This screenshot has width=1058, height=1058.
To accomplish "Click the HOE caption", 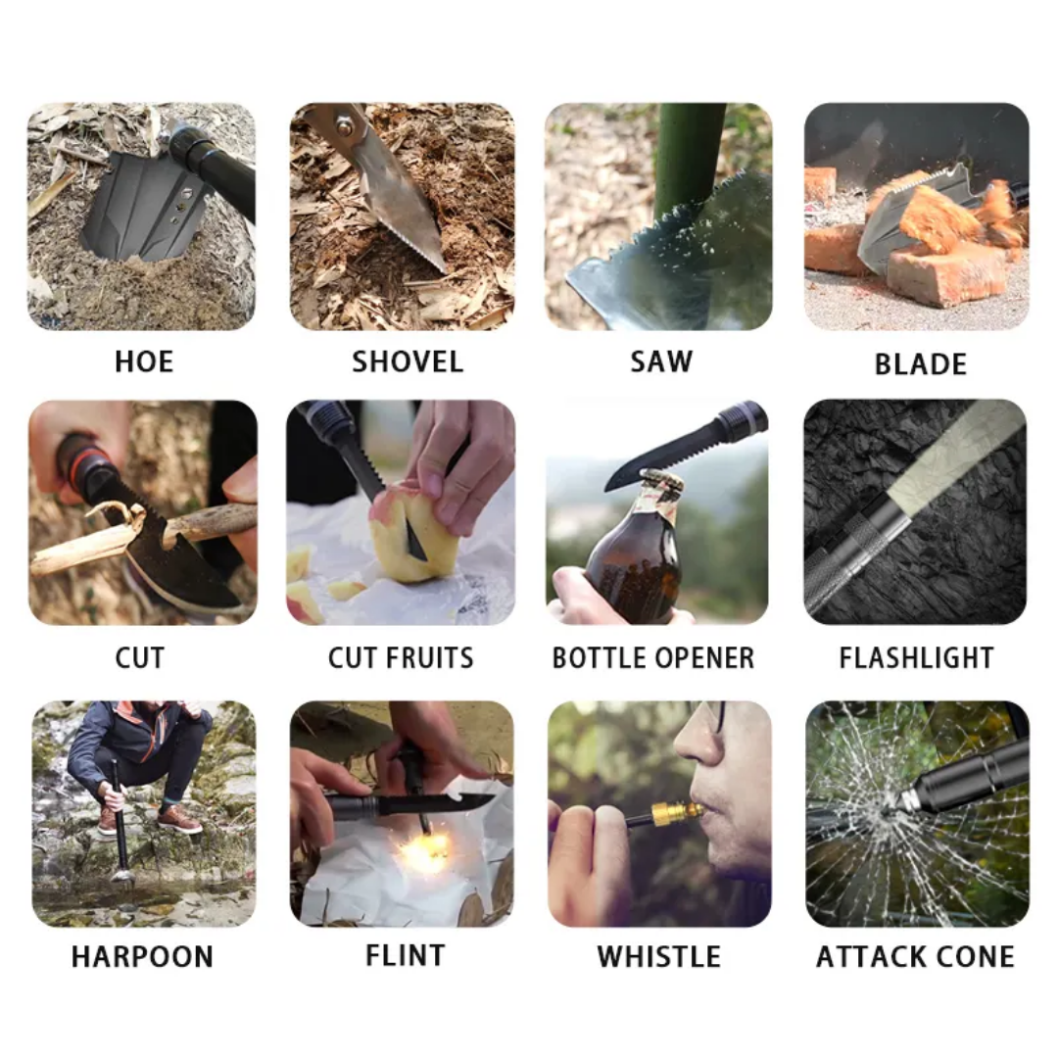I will click(x=144, y=361).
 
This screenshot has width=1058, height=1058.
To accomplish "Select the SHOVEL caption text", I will click(x=407, y=361).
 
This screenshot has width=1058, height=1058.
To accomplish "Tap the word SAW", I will click(x=660, y=361).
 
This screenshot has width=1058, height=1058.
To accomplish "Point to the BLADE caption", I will click(x=920, y=364).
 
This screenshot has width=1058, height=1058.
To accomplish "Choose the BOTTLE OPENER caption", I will click(x=653, y=657).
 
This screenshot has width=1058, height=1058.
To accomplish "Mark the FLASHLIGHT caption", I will click(x=916, y=657).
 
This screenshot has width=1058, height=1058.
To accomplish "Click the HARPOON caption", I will click(x=142, y=956).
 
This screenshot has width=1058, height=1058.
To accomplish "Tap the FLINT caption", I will click(x=405, y=955).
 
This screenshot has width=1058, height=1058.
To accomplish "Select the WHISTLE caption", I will click(x=658, y=956).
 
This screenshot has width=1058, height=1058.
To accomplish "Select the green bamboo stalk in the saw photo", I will click(x=690, y=157).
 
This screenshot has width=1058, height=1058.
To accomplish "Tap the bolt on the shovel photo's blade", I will click(x=344, y=124).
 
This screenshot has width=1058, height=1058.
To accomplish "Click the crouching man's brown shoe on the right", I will click(x=179, y=819).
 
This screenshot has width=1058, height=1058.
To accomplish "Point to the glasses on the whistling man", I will click(x=720, y=717).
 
